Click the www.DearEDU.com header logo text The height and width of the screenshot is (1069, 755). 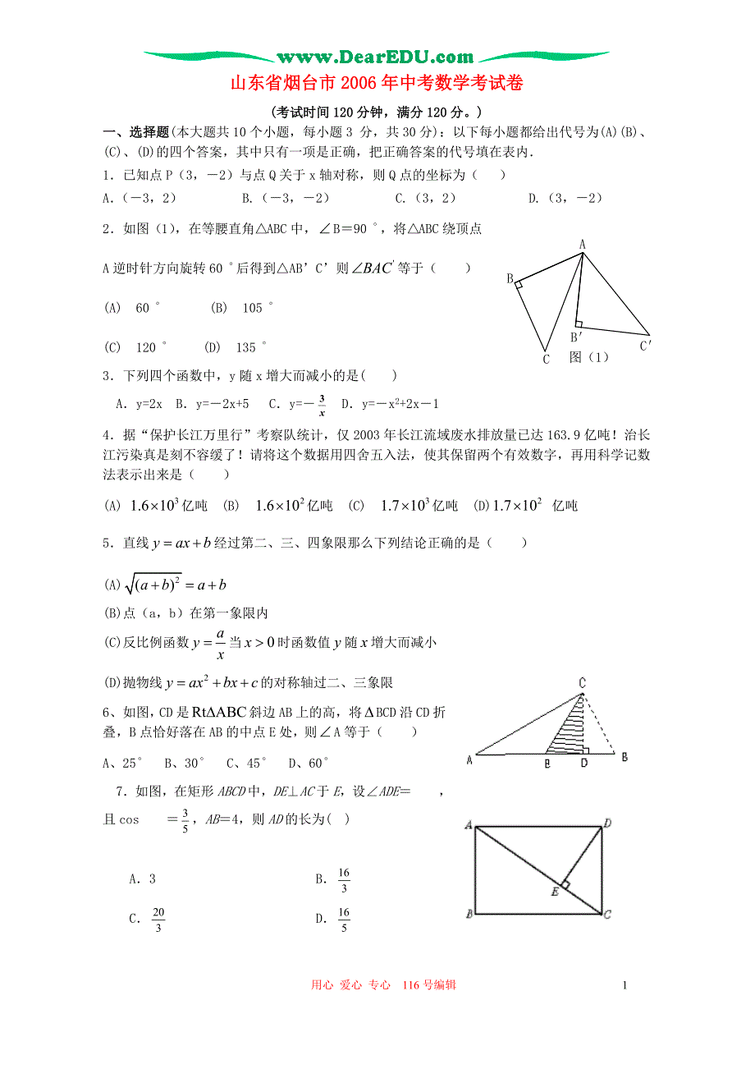coord(376,57)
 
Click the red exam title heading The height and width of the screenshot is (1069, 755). coord(376,84)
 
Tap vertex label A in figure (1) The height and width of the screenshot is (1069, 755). coord(582,244)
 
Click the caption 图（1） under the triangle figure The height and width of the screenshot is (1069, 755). coord(589,357)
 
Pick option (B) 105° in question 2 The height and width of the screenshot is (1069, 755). coord(241,308)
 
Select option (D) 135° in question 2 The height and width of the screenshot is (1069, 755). coord(236,347)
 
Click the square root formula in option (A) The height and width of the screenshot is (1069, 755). coord(175,585)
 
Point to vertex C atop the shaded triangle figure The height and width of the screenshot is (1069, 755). coord(582,682)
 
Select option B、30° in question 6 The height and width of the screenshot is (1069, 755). coord(183,763)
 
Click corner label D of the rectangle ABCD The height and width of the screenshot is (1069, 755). coord(607,822)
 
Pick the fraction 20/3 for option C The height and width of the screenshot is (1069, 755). coord(158,919)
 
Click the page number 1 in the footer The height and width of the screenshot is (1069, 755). coord(625,985)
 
